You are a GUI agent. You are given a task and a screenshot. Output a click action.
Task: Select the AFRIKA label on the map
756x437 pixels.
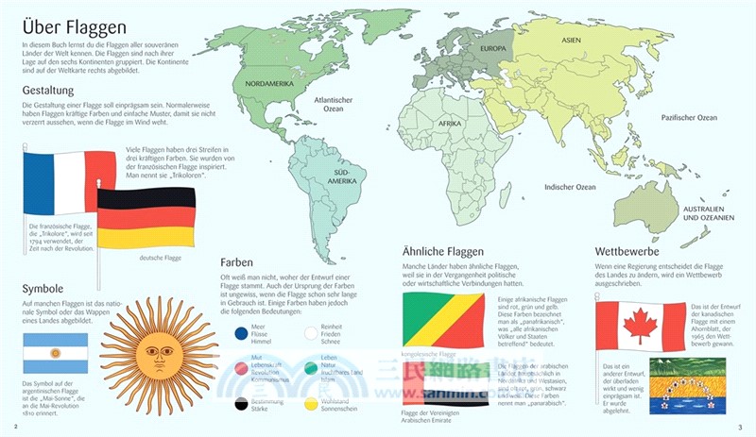449,124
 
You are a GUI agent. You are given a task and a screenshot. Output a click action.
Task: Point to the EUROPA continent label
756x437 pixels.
493,48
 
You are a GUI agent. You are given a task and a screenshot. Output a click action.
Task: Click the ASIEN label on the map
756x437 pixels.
571,41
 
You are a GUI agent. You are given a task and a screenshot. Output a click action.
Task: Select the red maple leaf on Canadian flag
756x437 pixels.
640,327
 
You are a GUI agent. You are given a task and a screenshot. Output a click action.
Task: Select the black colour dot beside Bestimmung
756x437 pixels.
238,403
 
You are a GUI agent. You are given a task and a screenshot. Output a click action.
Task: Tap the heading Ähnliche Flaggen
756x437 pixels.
442,252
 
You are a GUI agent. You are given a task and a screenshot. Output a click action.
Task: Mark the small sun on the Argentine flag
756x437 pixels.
56,353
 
